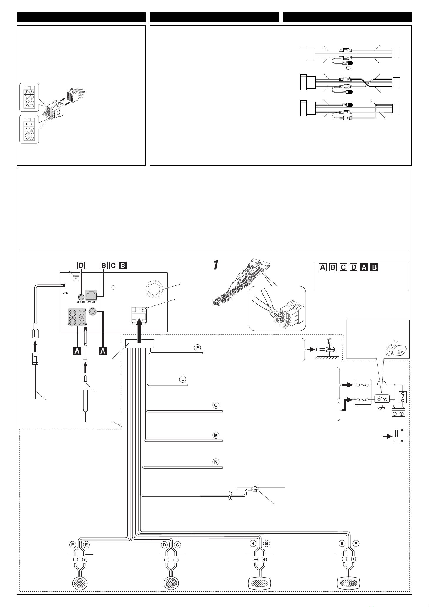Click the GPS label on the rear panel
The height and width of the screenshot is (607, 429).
point(65,293)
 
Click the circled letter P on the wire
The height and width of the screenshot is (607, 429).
point(197,348)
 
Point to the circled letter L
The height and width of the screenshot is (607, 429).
point(183,379)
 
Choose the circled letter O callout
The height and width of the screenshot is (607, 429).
point(216,405)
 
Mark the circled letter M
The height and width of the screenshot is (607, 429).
point(216,435)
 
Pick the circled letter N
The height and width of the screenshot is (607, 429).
point(216,462)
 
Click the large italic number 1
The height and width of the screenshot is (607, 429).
point(216,265)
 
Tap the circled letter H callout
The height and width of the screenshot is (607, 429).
point(253,544)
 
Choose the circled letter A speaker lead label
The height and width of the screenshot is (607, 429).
point(356,544)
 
